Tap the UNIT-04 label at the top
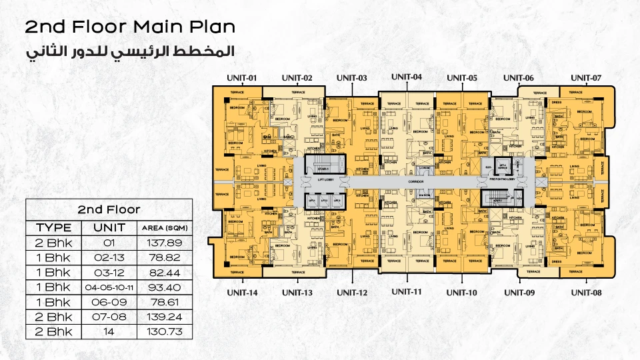[407, 77]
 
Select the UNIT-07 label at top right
[587, 78]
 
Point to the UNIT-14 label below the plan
[242, 293]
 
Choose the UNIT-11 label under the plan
[407, 291]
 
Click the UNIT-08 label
[587, 293]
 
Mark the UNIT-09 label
[519, 293]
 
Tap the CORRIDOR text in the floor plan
[407, 181]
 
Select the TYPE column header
[53, 227]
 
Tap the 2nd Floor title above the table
[109, 209]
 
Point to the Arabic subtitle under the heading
[130, 51]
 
